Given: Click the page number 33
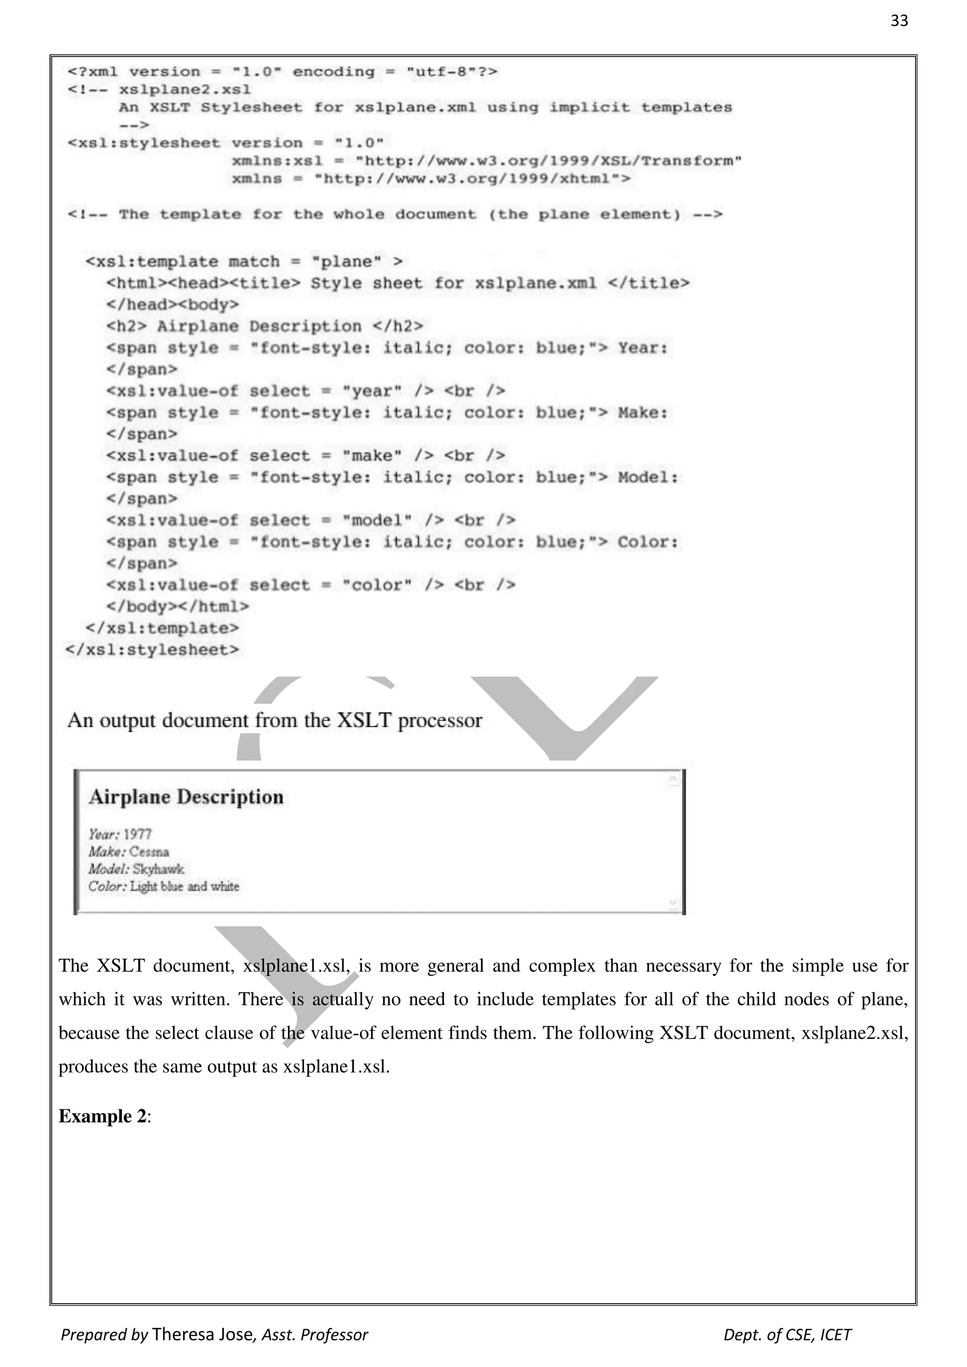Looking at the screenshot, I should pos(899,21).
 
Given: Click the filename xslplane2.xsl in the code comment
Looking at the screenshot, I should pos(185,90).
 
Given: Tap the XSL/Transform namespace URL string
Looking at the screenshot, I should pos(548,161).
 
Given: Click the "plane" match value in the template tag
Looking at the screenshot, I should pos(347,262).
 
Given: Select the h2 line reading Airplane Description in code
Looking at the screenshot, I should pos(265,327).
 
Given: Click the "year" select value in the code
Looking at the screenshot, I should pos(372,391).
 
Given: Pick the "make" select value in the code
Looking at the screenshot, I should pos(372,456).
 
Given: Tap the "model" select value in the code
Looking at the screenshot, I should pos(377,520).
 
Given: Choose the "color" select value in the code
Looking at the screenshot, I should pos(377,585).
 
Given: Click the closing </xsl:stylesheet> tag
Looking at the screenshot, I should pos(153,650).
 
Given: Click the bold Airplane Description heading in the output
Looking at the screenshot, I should pos(186,797).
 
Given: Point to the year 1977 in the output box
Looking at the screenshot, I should pos(137,834).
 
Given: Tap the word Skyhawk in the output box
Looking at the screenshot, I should pos(158,869).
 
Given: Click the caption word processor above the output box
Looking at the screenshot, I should pos(440,720).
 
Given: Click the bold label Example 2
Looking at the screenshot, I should pos(102,1116).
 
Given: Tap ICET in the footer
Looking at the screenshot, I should pos(835,1335).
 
